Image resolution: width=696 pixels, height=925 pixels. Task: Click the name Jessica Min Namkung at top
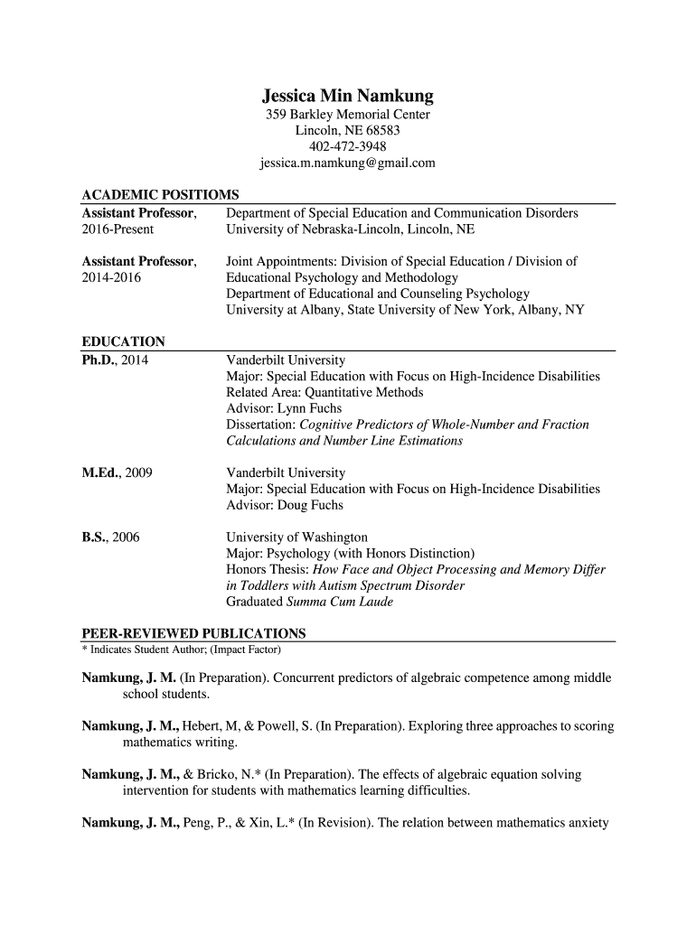pyautogui.click(x=347, y=96)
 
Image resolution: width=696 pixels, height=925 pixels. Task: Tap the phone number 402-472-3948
pyautogui.click(x=347, y=147)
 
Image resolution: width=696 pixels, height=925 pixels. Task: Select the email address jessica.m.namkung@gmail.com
pyautogui.click(x=347, y=164)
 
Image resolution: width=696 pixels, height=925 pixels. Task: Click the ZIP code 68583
pyautogui.click(x=383, y=131)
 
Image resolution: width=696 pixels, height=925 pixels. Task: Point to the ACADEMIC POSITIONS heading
pyautogui.click(x=160, y=195)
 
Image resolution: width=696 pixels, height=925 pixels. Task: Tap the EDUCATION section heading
pyautogui.click(x=123, y=341)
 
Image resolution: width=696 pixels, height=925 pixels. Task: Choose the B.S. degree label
pyautogui.click(x=95, y=537)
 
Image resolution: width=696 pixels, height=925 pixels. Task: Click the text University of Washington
pyautogui.click(x=296, y=537)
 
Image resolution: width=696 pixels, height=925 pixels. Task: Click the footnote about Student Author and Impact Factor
pyautogui.click(x=181, y=649)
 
